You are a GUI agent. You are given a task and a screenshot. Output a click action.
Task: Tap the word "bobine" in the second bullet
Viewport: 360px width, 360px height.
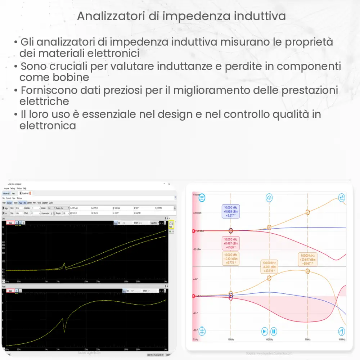(x=72, y=77)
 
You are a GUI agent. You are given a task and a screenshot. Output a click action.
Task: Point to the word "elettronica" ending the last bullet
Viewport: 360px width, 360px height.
(x=48, y=126)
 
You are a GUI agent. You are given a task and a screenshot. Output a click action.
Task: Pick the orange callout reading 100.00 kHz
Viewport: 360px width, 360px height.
(x=269, y=267)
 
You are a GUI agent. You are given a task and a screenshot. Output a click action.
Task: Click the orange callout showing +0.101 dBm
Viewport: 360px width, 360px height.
(x=230, y=258)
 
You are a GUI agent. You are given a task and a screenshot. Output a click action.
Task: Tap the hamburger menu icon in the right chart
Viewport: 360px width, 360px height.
(x=202, y=197)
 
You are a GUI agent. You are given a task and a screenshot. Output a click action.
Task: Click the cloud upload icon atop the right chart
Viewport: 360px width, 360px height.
(x=269, y=197)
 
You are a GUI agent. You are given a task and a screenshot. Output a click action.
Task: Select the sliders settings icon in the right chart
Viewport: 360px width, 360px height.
(x=341, y=197)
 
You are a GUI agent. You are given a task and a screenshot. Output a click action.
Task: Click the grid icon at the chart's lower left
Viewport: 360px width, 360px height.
(x=202, y=331)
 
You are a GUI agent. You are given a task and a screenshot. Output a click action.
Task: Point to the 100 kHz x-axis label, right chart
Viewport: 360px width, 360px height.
(x=269, y=339)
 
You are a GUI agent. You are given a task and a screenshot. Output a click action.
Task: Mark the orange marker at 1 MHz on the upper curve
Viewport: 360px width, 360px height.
(x=307, y=212)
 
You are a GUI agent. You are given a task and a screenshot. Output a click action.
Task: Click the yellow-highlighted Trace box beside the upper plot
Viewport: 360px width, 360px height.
(x=171, y=225)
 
